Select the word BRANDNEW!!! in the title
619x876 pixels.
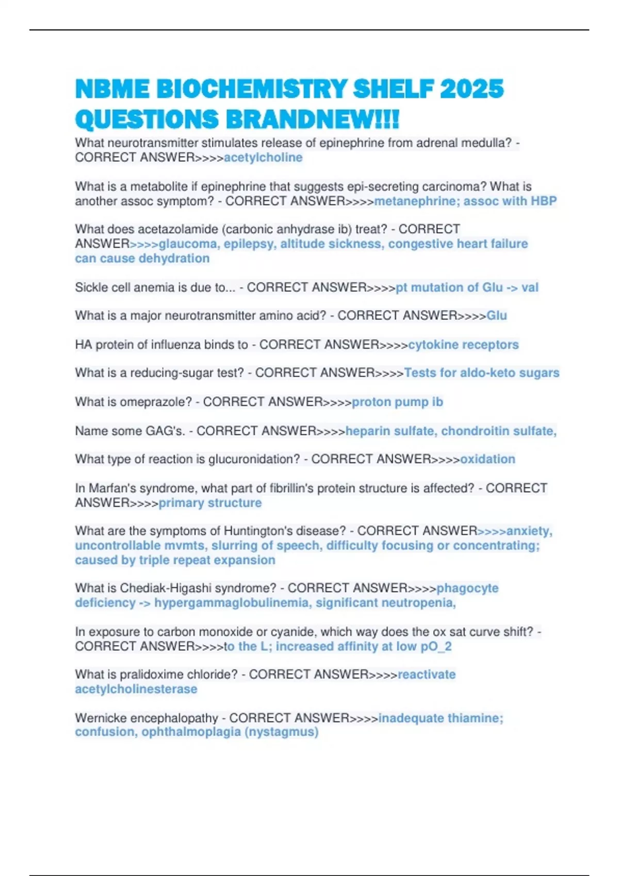click(x=312, y=120)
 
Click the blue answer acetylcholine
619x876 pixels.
click(x=263, y=158)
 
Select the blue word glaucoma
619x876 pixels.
click(x=188, y=244)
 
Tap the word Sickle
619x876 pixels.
click(x=93, y=288)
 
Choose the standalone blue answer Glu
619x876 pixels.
click(x=497, y=316)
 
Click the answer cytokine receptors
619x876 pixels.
click(x=463, y=345)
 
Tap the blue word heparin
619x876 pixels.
click(x=366, y=431)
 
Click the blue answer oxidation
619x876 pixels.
click(x=487, y=459)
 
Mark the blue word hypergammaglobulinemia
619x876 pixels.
click(x=233, y=603)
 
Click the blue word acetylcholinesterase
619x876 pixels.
click(x=136, y=689)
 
